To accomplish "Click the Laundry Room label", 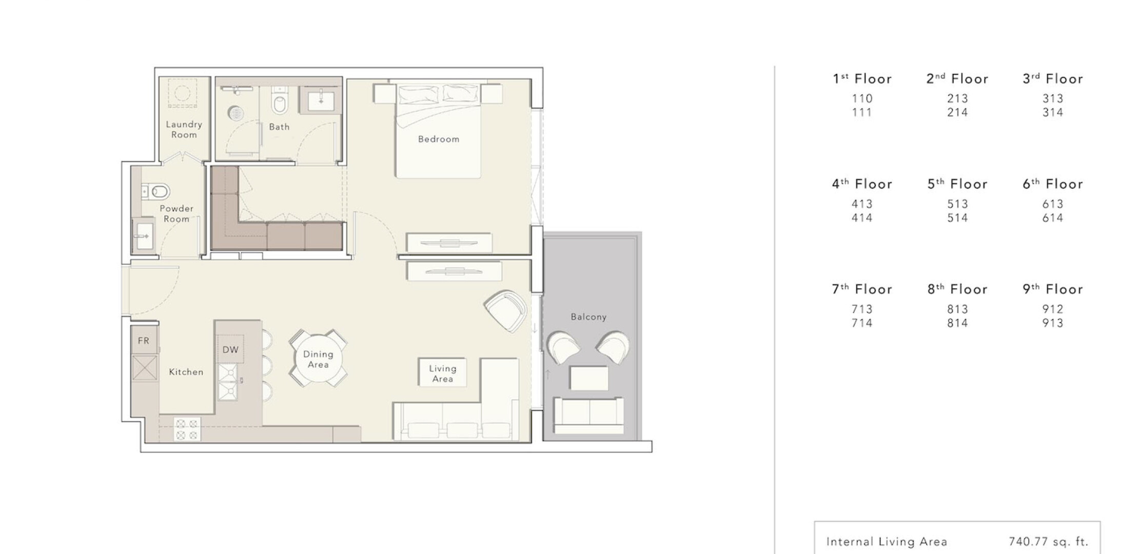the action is [184, 129].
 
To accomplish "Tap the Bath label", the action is [279, 127].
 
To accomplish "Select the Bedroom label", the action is [439, 139].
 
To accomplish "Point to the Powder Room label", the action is [176, 213].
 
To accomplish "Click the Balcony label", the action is [588, 317].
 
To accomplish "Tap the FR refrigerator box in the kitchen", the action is [144, 340].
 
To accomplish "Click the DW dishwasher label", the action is [230, 350].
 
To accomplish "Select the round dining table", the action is [318, 359].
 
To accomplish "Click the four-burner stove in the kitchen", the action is [186, 430].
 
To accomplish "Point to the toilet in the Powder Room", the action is [158, 192].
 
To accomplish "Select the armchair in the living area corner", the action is [506, 310].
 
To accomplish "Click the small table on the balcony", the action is [588, 378].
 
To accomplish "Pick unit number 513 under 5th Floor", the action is [957, 204].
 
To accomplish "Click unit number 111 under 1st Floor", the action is [862, 112].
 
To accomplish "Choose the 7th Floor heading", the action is [862, 289].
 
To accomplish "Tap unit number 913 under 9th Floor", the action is [1053, 323].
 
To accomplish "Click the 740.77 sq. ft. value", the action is [1048, 542].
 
